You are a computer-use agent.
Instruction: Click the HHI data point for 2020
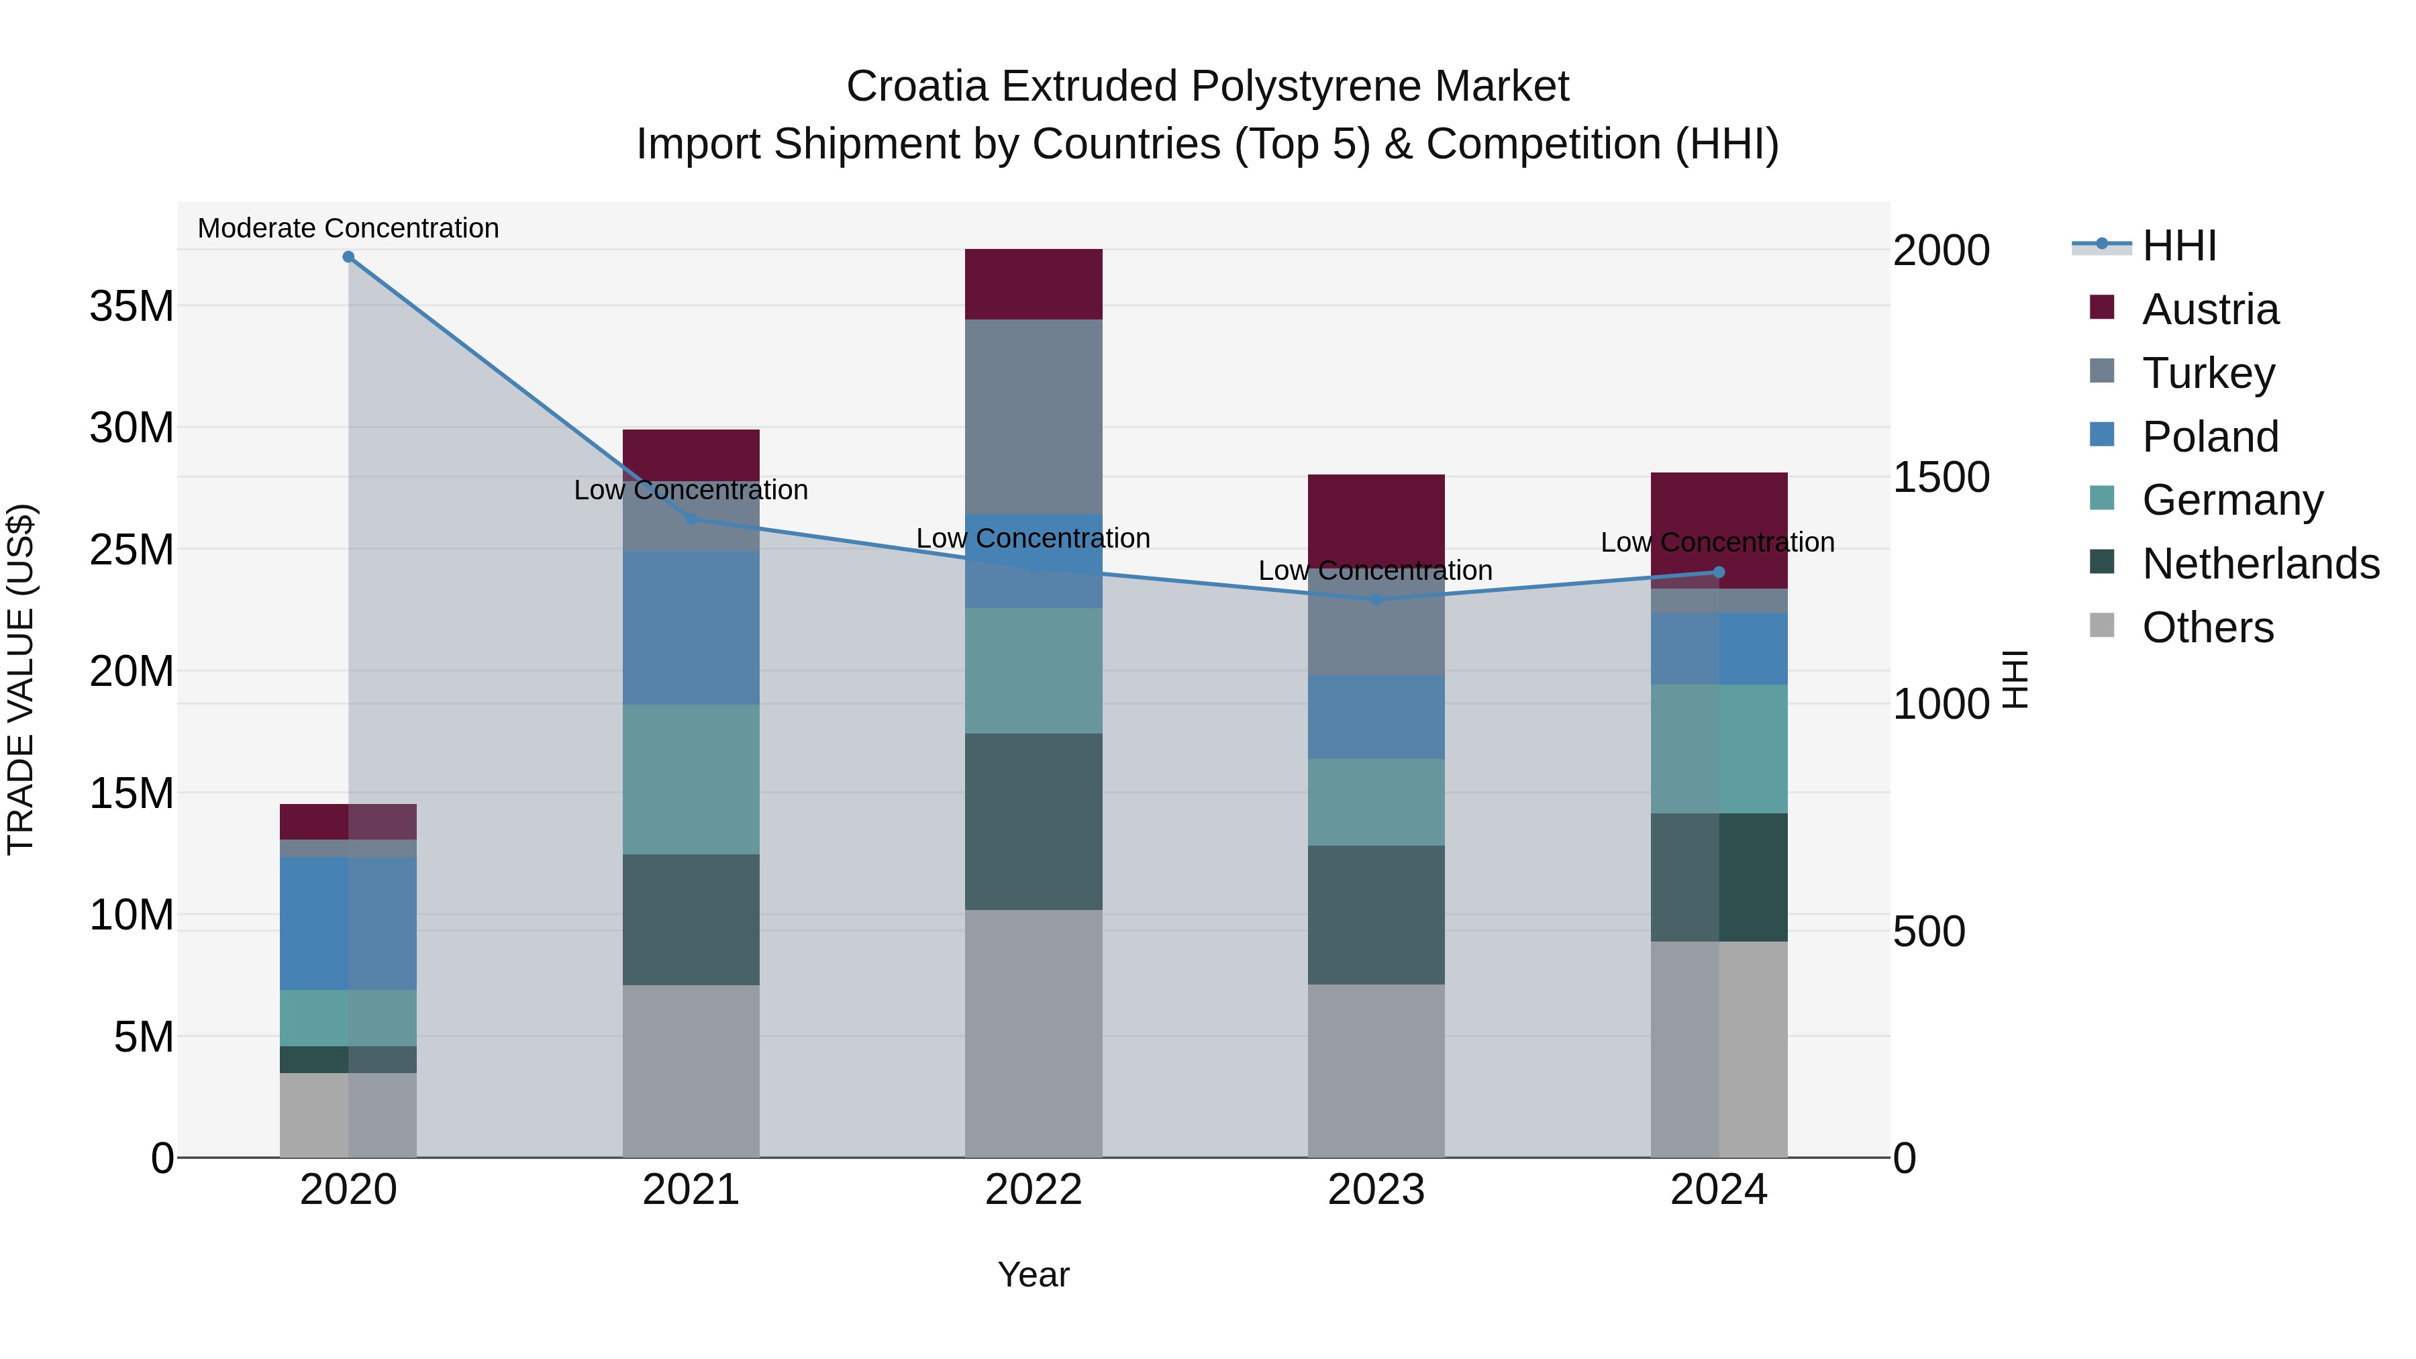tap(348, 257)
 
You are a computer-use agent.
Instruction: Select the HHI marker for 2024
tap(1718, 572)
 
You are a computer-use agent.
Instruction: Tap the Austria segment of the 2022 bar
tap(1034, 284)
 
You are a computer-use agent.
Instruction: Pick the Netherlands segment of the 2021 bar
tap(691, 919)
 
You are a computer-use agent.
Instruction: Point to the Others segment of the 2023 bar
tap(1376, 1070)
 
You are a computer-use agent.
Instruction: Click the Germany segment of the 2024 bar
tap(1718, 748)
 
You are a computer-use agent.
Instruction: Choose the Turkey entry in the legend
tap(2208, 373)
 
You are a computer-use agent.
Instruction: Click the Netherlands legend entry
tap(2260, 564)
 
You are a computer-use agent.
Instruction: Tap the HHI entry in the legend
tap(2178, 246)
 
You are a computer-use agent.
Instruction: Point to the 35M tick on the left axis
tap(132, 307)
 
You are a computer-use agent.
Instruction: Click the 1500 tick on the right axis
tap(1940, 477)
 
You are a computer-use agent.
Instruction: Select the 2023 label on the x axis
tap(1376, 1190)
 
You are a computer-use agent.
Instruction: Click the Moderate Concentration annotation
tap(348, 228)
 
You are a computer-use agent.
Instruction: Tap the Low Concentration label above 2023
tap(1375, 570)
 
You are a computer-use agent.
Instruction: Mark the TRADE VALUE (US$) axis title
tap(21, 679)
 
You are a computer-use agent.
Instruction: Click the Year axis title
tap(1034, 1274)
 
